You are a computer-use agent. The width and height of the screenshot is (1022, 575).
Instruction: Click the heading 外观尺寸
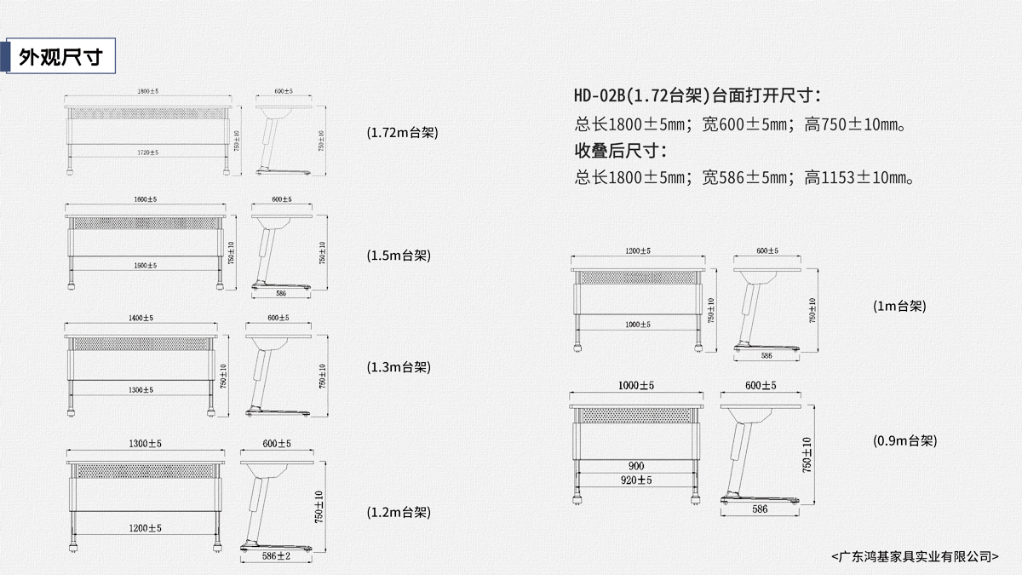(60, 57)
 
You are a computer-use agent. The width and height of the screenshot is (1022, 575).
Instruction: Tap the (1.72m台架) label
(403, 133)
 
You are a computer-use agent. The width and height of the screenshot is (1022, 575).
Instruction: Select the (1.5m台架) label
(398, 255)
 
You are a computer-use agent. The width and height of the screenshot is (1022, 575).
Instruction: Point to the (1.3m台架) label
(399, 367)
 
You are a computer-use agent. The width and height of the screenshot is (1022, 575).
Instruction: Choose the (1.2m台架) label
(399, 512)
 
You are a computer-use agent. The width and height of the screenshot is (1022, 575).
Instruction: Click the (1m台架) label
(899, 305)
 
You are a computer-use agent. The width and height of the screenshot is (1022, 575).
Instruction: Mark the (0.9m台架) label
(904, 440)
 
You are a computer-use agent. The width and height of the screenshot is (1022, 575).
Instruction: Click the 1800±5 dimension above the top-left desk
(148, 90)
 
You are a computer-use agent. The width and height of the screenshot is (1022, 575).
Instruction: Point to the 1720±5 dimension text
(148, 152)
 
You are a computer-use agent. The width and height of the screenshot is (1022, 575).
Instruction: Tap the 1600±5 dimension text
(145, 199)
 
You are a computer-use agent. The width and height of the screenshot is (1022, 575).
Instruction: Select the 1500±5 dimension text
(145, 265)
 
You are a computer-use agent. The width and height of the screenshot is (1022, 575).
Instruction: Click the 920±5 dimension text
(636, 480)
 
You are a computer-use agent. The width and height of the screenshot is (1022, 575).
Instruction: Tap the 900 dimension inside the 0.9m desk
(636, 466)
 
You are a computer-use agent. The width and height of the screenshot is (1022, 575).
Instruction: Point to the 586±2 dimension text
(277, 556)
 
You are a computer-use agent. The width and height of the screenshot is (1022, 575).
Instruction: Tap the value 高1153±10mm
(859, 178)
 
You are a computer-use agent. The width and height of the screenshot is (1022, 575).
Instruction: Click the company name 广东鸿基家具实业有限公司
(916, 555)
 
